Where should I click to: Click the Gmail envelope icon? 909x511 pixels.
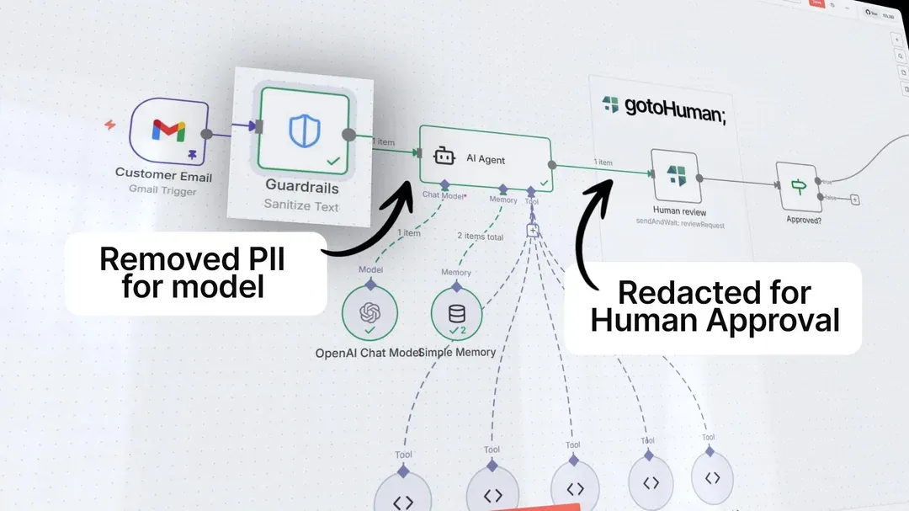pos(168,130)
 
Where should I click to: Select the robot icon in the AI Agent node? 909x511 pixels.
pos(444,157)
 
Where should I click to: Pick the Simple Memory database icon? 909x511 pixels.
pos(457,315)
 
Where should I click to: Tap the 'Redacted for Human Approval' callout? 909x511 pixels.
pos(715,306)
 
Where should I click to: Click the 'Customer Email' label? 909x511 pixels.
pos(163,175)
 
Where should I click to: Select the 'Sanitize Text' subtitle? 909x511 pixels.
pos(301,204)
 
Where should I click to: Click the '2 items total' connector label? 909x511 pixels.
pos(480,237)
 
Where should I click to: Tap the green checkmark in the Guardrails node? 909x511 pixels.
pos(333,159)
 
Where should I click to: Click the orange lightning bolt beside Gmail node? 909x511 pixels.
pos(110,125)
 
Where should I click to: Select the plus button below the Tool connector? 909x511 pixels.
pos(532,230)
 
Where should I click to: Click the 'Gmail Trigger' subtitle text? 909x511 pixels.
pos(162,191)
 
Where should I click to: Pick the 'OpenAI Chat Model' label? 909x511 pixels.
pos(368,353)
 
